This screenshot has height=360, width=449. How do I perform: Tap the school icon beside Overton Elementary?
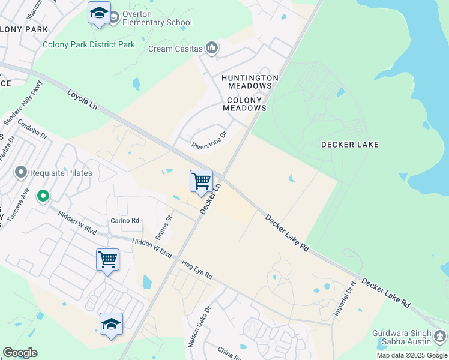pyautogui.click(x=99, y=13)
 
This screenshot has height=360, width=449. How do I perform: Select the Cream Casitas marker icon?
pyautogui.click(x=211, y=47)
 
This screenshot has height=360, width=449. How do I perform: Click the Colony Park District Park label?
pyautogui.click(x=89, y=44)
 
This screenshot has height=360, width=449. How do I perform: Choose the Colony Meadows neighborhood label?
pyautogui.click(x=244, y=104)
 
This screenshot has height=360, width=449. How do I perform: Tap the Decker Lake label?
pyautogui.click(x=350, y=145)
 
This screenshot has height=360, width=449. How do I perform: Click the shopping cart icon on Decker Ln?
pyautogui.click(x=201, y=181)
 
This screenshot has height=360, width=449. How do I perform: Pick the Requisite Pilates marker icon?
pyautogui.click(x=21, y=173)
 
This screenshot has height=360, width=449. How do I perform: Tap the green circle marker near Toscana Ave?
pyautogui.click(x=43, y=196)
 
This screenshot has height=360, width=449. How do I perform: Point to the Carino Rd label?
pyautogui.click(x=125, y=221)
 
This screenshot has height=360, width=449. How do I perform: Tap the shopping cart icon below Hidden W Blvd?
pyautogui.click(x=107, y=260)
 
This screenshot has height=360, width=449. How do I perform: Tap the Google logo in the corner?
pyautogui.click(x=20, y=353)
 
